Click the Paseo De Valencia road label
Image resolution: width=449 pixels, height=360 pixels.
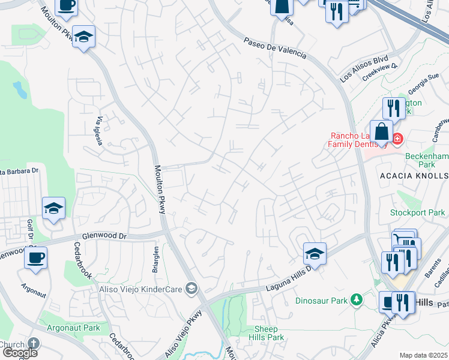275,49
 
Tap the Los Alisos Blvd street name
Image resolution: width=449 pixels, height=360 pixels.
364,69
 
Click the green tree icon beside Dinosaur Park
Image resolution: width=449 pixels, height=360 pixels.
357,299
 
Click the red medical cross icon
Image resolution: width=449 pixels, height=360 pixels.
397,139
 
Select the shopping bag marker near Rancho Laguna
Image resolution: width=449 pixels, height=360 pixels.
381,131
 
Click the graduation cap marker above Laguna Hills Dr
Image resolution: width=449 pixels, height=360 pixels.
315,253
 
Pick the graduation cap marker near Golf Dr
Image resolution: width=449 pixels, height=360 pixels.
53,208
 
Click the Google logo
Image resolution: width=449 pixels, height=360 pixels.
19,352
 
